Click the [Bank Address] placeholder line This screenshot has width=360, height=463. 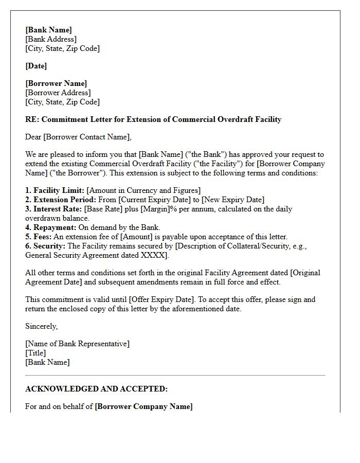[x=51, y=39]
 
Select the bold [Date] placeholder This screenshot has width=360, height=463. [x=36, y=66]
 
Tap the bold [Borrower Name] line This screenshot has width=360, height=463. [x=56, y=83]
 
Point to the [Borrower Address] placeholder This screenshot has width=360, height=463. [x=58, y=93]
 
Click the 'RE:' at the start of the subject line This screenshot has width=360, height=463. [x=32, y=119]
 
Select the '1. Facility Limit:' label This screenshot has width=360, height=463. [x=55, y=190]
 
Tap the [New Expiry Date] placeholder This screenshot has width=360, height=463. [x=233, y=200]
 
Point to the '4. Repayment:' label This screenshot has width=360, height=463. [x=51, y=227]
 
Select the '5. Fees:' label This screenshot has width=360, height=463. [x=39, y=237]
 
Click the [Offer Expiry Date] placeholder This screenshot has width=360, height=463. [x=161, y=299]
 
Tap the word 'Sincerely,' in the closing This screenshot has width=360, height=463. [x=42, y=326]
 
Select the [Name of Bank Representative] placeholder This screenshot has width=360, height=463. [x=77, y=344]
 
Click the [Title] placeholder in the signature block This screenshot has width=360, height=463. [x=35, y=353]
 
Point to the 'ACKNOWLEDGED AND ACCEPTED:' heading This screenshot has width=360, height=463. [x=96, y=389]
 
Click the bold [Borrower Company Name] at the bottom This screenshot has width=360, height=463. [x=143, y=406]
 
